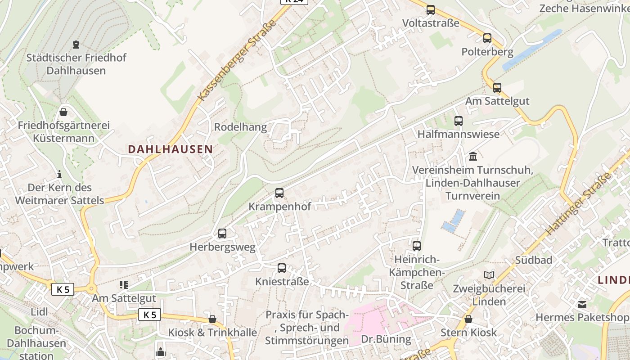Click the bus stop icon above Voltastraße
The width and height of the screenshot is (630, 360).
(431, 9)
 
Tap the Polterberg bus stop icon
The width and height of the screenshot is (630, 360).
(487, 38)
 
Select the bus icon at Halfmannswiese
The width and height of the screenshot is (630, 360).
(459, 121)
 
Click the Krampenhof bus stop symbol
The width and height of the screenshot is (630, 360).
(279, 193)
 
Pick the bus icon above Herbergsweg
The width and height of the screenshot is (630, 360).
(222, 234)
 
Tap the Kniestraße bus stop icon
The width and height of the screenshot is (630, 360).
(282, 268)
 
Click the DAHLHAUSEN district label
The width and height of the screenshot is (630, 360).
(170, 149)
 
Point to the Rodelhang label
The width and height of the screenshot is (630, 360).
(240, 127)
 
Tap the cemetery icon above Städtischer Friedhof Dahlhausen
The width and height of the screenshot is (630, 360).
(76, 45)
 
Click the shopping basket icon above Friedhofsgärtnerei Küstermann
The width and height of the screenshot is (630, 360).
(63, 112)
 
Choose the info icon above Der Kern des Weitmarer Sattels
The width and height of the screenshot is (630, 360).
(59, 174)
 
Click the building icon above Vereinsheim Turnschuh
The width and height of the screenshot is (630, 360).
(473, 157)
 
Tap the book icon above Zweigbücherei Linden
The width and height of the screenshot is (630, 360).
(489, 275)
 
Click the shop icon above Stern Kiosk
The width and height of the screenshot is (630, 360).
(468, 319)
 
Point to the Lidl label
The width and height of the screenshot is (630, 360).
(39, 312)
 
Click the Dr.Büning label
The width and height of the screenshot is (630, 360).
(386, 339)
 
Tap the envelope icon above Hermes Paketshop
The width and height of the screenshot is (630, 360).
(583, 305)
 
